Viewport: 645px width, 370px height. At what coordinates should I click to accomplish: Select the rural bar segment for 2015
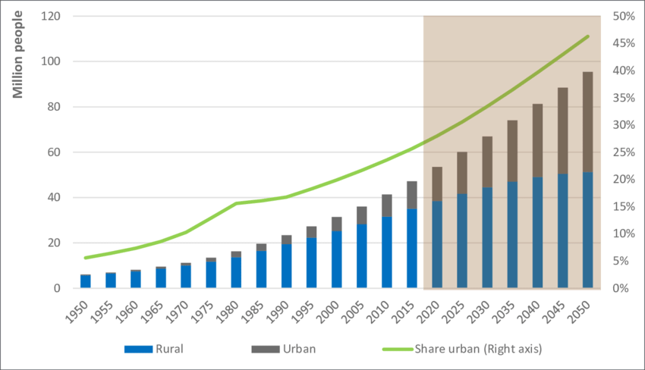click(x=412, y=249)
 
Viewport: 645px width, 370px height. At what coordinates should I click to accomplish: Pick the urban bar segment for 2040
click(x=537, y=140)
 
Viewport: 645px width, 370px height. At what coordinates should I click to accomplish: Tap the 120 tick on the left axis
click(x=52, y=16)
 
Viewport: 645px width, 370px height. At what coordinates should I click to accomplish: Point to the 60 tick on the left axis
click(x=55, y=152)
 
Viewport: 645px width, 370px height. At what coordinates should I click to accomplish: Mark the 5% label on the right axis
click(x=621, y=261)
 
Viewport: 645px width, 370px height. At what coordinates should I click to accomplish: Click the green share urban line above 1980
click(x=236, y=203)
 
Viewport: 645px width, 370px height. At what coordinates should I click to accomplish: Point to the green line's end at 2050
click(x=587, y=36)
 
